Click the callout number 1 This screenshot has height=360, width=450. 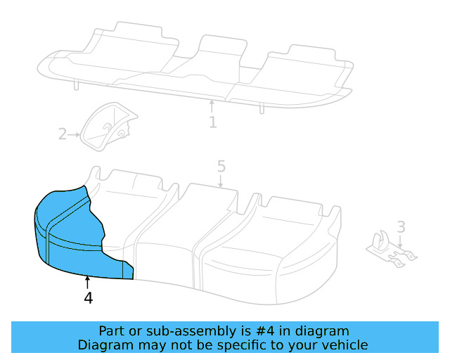212,122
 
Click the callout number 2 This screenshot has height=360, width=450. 63,134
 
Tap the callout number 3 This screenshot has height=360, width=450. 401,226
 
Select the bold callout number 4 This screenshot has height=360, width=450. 88,298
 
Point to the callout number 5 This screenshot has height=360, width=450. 221,167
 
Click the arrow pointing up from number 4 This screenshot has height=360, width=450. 87,283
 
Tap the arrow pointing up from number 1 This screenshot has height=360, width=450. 212,107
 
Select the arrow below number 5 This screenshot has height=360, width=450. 221,181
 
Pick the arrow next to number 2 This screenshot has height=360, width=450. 75,134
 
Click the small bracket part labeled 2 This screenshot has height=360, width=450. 107,127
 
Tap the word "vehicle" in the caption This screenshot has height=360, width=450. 344,345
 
